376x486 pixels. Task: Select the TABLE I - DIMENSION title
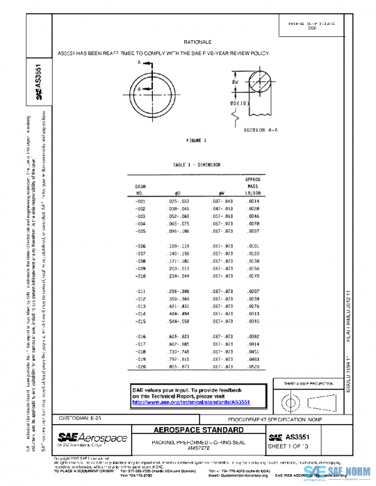(x=197, y=165)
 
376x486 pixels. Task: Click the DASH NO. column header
(x=140, y=190)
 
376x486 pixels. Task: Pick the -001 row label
(x=141, y=202)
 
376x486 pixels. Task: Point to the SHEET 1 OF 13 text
(x=290, y=447)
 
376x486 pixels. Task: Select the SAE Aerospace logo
(x=93, y=438)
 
